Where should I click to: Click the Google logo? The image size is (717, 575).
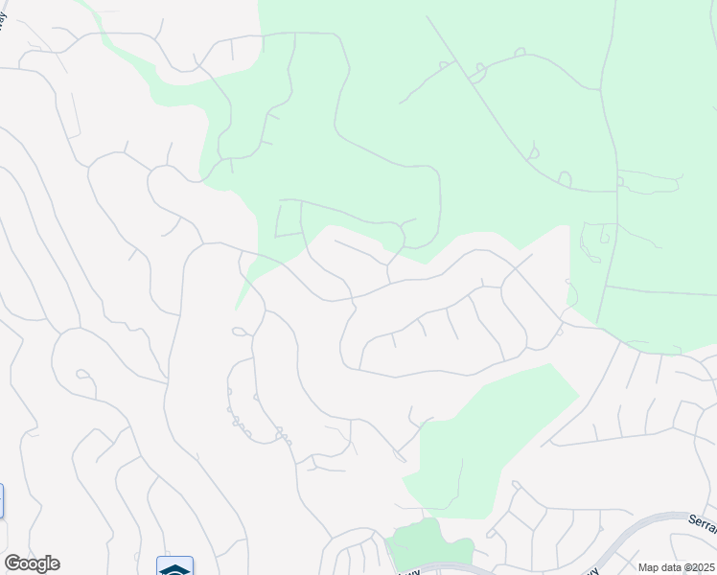click(32, 563)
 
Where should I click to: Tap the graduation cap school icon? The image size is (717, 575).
click(174, 567)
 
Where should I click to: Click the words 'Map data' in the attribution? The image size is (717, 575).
click(659, 567)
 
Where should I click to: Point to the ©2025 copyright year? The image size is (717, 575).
click(699, 567)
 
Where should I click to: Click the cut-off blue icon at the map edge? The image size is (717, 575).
click(1, 501)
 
